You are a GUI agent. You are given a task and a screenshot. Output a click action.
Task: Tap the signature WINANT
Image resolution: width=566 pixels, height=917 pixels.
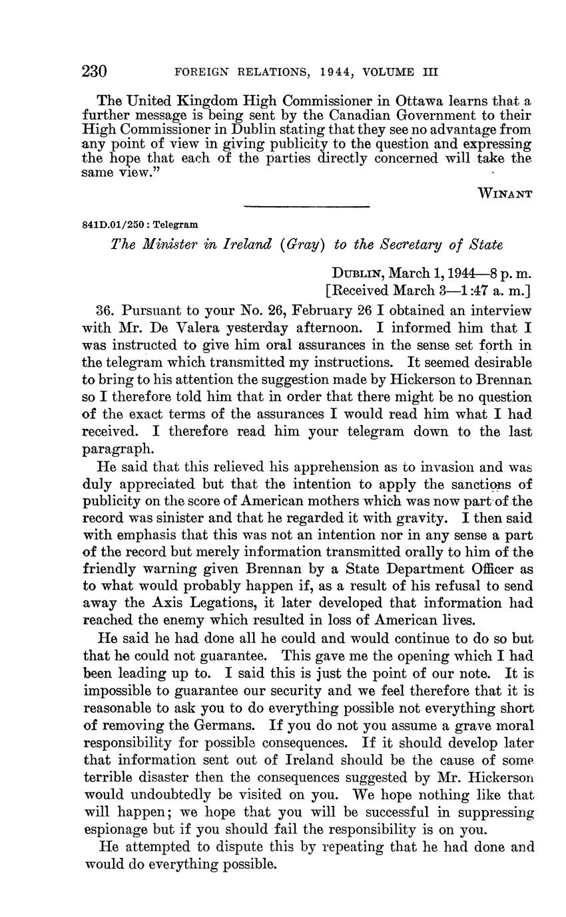pyautogui.click(x=505, y=194)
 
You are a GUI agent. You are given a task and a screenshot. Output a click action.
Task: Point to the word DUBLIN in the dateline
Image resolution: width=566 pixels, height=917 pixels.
pyautogui.click(x=358, y=273)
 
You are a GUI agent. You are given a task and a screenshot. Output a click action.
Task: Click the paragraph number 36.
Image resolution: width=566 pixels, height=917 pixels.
pyautogui.click(x=107, y=311)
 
